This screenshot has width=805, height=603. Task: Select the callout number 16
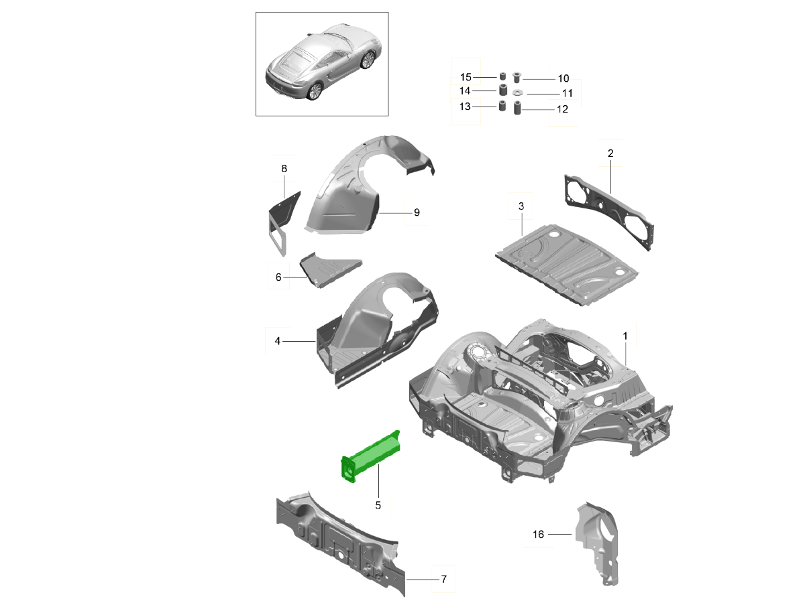tap(539, 534)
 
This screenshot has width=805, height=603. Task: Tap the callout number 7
tap(443, 579)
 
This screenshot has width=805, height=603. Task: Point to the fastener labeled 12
tap(517, 109)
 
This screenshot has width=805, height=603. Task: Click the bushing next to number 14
tap(501, 90)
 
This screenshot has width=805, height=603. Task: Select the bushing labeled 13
tap(501, 107)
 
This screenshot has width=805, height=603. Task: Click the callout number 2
tap(610, 153)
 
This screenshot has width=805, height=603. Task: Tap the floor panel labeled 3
tap(567, 261)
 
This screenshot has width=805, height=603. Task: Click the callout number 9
tap(417, 212)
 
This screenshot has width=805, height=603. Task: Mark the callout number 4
tap(277, 341)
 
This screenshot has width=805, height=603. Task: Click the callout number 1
tap(625, 334)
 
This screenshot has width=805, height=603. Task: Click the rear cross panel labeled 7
tap(335, 543)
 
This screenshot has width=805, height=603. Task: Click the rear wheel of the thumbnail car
tap(314, 91)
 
